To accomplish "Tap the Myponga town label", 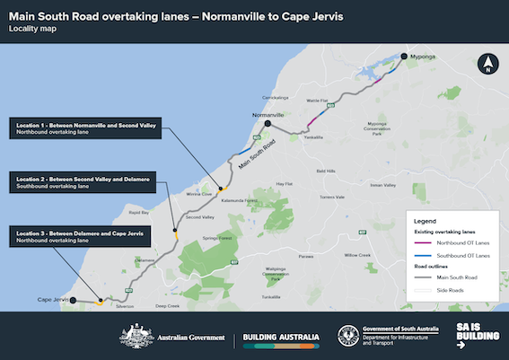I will point(425,57).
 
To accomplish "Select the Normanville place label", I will point(268,116).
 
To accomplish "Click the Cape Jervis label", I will point(53,299).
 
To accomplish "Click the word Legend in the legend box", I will point(424,220).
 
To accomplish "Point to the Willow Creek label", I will point(357,255).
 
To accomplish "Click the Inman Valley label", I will point(382,186).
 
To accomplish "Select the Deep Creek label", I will point(168,306).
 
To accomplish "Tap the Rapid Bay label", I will point(138,213).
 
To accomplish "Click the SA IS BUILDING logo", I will point(472,337).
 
